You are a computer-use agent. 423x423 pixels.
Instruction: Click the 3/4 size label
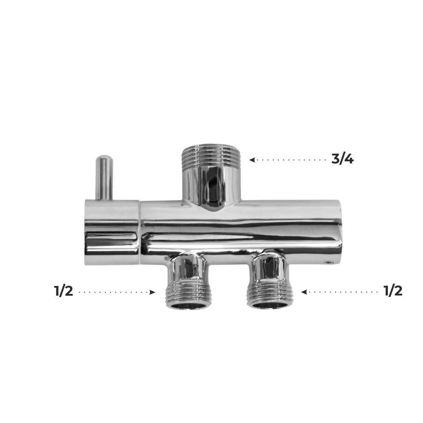pos(342,159)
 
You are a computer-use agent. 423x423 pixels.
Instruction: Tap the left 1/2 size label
pos(64,291)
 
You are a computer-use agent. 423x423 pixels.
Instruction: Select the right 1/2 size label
pos(393,291)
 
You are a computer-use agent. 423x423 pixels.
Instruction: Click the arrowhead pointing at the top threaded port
pos(252,160)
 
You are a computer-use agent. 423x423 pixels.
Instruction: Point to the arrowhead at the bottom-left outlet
pos(152,292)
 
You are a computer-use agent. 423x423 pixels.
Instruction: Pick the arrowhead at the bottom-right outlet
pos(304,292)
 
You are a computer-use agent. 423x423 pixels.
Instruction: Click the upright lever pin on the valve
pos(105,177)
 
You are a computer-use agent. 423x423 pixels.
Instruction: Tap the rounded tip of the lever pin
pos(105,157)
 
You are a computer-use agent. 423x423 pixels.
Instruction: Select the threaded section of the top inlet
pos(211,155)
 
